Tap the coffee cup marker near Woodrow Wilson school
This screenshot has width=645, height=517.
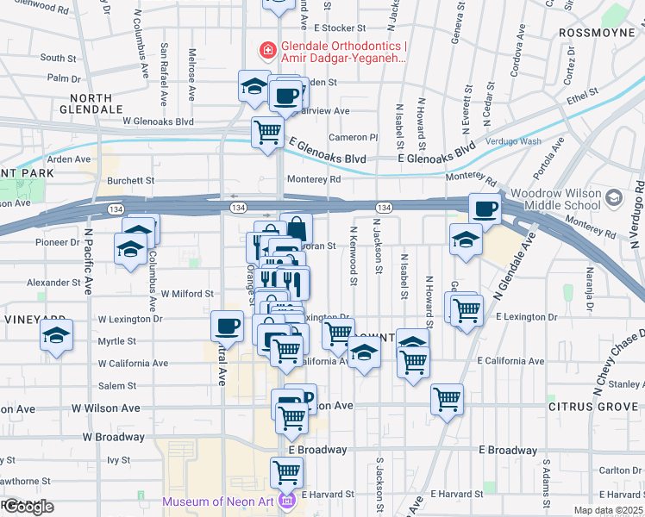click(485, 208)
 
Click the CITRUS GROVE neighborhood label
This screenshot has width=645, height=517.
click(584, 405)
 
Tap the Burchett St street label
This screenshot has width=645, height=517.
click(130, 181)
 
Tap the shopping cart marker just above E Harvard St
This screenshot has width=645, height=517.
click(286, 471)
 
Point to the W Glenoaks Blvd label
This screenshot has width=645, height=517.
click(158, 122)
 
